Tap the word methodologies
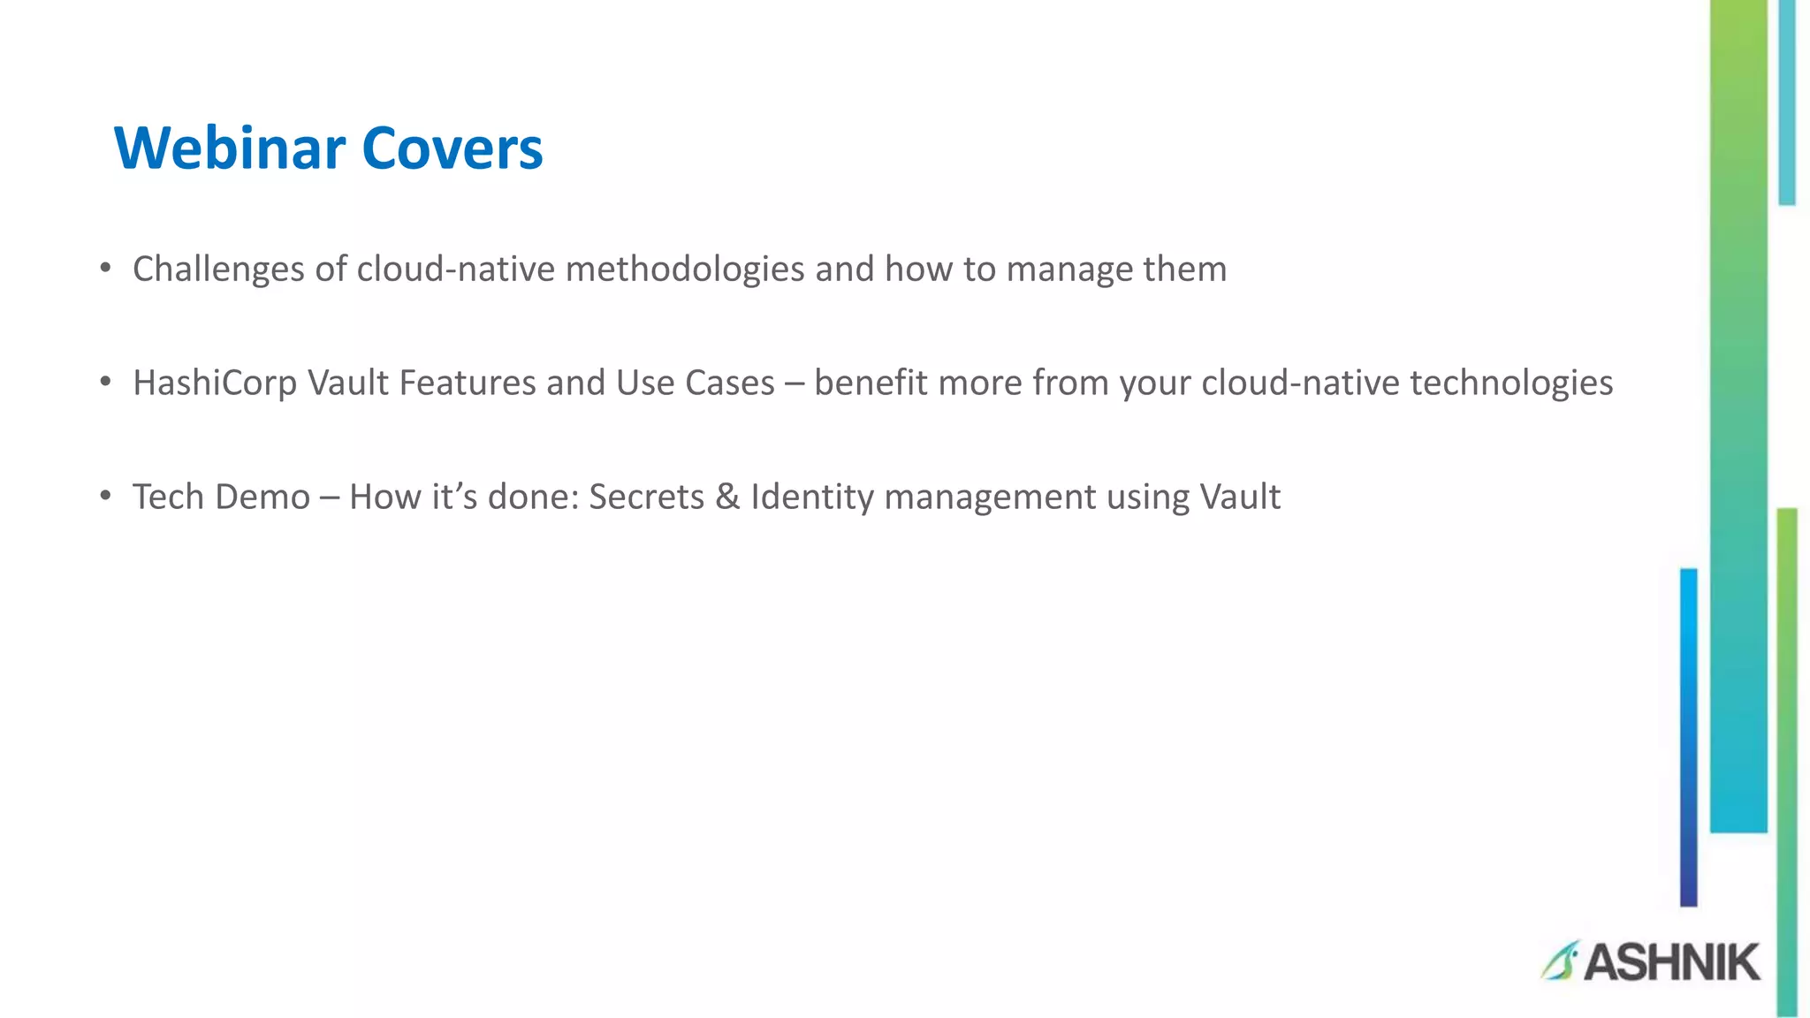pyautogui.click(x=685, y=269)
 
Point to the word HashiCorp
pyautogui.click(x=215, y=383)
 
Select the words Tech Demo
pyautogui.click(x=221, y=497)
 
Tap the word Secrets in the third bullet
pyautogui.click(x=646, y=497)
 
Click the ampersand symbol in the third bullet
pyautogui.click(x=727, y=497)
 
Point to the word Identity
pyautogui.click(x=812, y=497)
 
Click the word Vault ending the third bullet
pyautogui.click(x=1240, y=497)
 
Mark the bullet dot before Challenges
pyautogui.click(x=105, y=268)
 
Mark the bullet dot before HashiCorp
pyautogui.click(x=105, y=382)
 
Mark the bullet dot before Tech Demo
pyautogui.click(x=105, y=496)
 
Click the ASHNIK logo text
pyautogui.click(x=1671, y=962)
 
